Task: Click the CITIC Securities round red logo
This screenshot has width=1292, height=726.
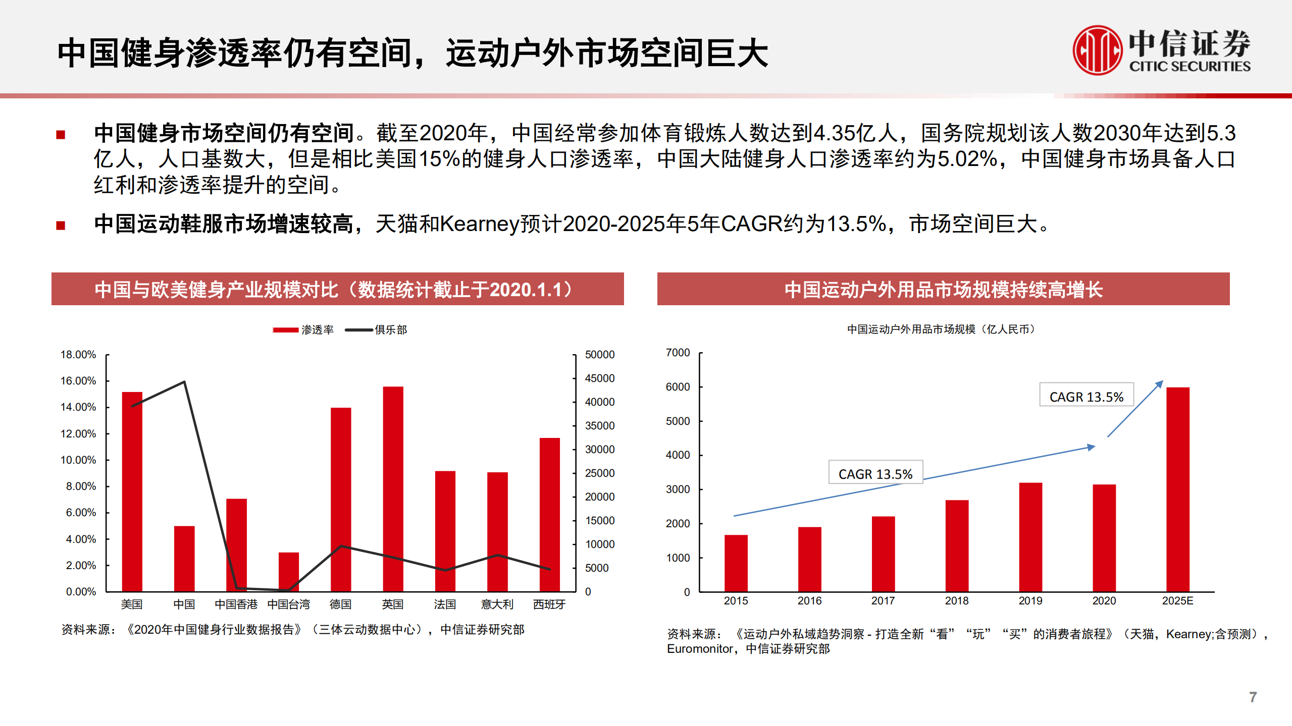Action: pos(1097,50)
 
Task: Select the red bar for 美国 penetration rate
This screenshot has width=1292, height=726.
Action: pos(132,492)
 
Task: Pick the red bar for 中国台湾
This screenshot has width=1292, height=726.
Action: pos(289,571)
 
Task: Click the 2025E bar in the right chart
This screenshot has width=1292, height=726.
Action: pos(1177,489)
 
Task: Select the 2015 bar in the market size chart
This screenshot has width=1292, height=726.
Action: pos(736,563)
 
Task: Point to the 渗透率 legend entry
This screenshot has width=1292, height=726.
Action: pos(304,330)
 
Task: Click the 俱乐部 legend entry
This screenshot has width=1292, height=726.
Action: pos(377,330)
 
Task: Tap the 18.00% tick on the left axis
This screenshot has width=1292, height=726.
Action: pos(78,355)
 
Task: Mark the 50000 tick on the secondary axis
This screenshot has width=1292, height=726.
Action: pos(600,355)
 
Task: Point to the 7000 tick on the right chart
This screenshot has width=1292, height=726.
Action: pos(678,353)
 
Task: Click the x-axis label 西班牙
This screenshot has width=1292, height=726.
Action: pos(549,604)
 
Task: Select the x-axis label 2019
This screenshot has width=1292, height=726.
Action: pos(1030,601)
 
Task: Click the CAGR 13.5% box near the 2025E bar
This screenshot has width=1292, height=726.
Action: pos(1086,397)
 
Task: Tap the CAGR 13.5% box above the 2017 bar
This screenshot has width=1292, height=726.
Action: pos(875,474)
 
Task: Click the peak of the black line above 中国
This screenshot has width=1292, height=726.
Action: pos(184,382)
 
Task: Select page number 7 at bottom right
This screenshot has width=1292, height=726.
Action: pos(1253,697)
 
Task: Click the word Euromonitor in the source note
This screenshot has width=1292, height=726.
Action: pos(700,649)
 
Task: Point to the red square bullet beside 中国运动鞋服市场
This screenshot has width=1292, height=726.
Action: pos(61,226)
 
